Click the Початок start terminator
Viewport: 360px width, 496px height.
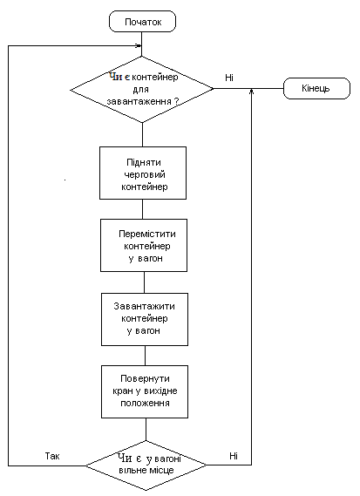pyautogui.click(x=142, y=22)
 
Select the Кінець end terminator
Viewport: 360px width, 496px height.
pyautogui.click(x=316, y=88)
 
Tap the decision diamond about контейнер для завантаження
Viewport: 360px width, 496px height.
pyautogui.click(x=142, y=90)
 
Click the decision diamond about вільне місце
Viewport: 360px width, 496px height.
pyautogui.click(x=146, y=465)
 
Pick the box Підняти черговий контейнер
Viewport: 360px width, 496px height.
pyautogui.click(x=143, y=173)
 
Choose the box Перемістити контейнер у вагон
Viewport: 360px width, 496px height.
pyautogui.click(x=144, y=245)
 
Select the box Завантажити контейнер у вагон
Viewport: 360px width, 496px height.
pyautogui.click(x=145, y=319)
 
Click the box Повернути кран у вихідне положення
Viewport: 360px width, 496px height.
pyautogui.click(x=145, y=391)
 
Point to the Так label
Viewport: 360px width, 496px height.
pyautogui.click(x=52, y=456)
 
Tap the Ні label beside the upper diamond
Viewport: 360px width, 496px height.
pyautogui.click(x=229, y=78)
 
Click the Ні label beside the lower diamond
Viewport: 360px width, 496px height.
pyautogui.click(x=234, y=456)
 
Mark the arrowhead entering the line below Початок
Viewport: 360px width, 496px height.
pyautogui.click(x=139, y=46)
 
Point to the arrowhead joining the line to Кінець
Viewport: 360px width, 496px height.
pyautogui.click(x=252, y=92)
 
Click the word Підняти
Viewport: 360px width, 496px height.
pyautogui.click(x=144, y=162)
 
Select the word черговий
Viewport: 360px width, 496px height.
pyautogui.click(x=145, y=174)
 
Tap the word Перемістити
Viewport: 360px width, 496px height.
pyautogui.click(x=147, y=234)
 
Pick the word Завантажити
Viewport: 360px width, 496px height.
pyautogui.click(x=144, y=306)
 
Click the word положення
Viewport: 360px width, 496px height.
pyautogui.click(x=145, y=403)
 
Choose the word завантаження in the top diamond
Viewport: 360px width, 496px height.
pyautogui.click(x=139, y=101)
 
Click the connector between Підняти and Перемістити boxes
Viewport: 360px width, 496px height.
pyautogui.click(x=142, y=209)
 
